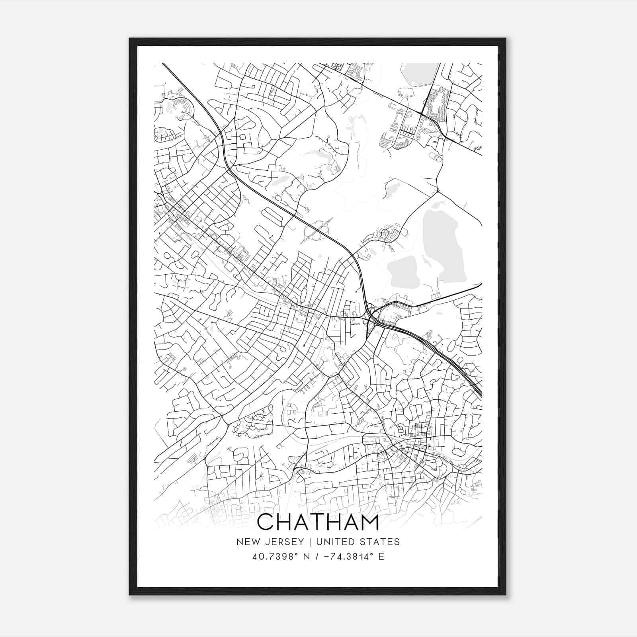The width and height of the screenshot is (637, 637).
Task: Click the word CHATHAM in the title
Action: tap(318, 523)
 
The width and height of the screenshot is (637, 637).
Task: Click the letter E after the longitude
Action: tap(381, 557)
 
